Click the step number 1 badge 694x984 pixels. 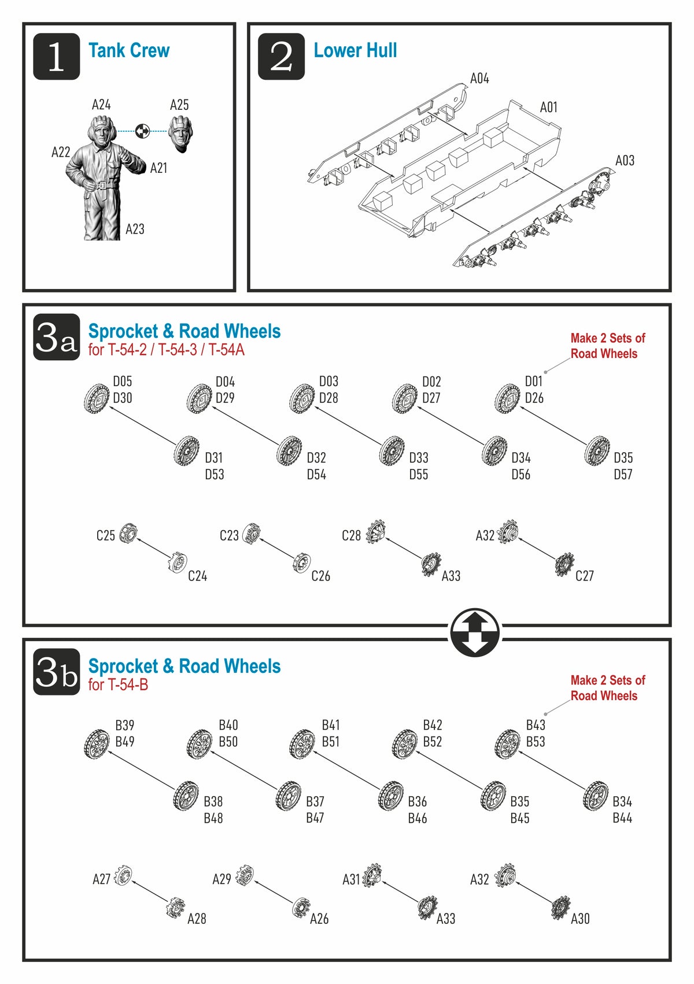pos(56,56)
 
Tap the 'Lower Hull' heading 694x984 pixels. pos(355,51)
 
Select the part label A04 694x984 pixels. pos(479,79)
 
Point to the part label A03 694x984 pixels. pos(625,161)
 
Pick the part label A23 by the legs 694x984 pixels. pos(135,230)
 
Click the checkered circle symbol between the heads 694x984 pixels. pos(142,131)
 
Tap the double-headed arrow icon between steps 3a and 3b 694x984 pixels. pos(475,632)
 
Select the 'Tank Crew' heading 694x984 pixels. pos(129,51)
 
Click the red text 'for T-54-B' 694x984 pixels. pos(118,685)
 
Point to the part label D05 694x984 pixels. pos(123,382)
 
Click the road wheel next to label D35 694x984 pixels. pos(597,451)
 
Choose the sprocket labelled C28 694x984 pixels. pos(375,531)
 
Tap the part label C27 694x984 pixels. pos(584,576)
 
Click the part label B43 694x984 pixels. pos(536,725)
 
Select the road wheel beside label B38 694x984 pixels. pos(186,796)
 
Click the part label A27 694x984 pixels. pos(101,879)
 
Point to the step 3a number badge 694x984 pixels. pos(56,337)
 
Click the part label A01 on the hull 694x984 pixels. pos(548,108)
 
